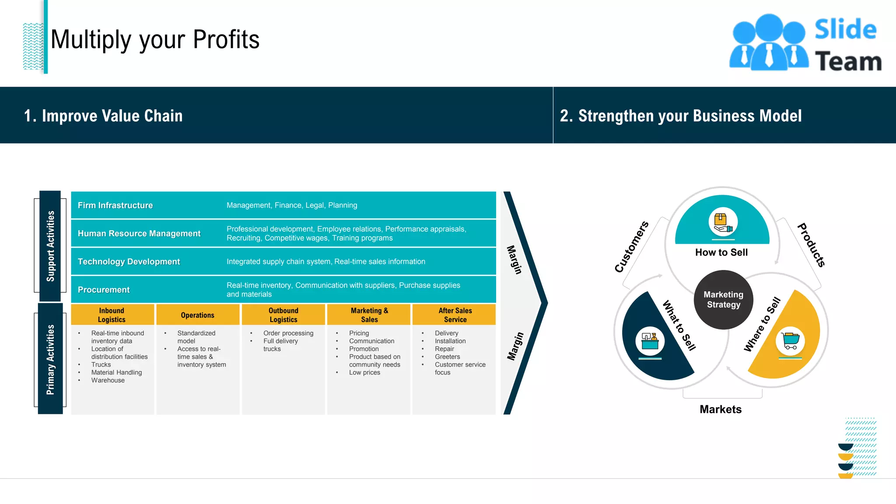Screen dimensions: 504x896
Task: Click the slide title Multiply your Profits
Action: coord(155,39)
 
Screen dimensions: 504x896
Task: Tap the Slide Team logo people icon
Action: coord(769,43)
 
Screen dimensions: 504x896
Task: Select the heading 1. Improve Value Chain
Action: coord(103,116)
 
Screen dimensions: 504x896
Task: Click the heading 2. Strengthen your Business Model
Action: coord(681,116)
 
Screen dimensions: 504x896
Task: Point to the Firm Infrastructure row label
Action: coord(115,205)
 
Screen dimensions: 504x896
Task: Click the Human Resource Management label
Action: coord(139,234)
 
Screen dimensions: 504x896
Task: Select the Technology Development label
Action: coord(129,262)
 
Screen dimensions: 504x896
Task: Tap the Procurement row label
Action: coord(104,290)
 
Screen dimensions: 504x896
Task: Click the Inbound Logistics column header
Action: coord(112,315)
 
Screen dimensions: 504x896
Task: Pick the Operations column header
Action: coord(197,315)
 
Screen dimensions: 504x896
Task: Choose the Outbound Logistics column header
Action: coord(283,315)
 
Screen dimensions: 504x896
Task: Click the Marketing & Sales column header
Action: coord(369,315)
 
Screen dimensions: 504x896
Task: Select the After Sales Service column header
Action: coord(455,315)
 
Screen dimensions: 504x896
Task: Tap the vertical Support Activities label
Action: coord(50,246)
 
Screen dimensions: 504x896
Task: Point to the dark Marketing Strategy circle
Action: coord(723,300)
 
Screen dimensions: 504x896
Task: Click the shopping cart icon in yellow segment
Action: coord(790,341)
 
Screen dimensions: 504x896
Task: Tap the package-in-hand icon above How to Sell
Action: coord(723,222)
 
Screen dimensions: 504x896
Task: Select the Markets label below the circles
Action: coord(721,409)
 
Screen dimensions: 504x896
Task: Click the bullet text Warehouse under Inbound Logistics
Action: coord(108,381)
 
